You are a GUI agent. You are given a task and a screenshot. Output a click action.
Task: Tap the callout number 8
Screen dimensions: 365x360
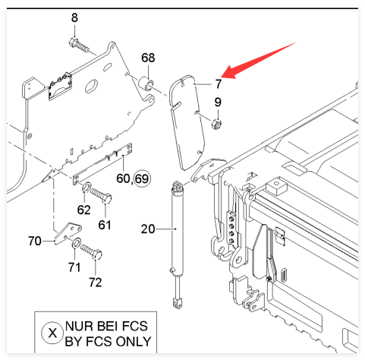[x=74, y=18]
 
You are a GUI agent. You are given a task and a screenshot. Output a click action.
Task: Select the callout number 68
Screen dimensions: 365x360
[x=148, y=58]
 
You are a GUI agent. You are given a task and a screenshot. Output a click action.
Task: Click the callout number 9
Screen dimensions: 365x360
[x=218, y=102]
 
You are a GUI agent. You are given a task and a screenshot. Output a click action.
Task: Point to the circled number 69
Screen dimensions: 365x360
[x=142, y=178]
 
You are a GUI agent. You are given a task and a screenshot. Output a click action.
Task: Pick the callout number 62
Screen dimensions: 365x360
[x=83, y=210]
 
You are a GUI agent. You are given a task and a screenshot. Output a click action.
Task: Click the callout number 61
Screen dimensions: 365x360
[x=105, y=225]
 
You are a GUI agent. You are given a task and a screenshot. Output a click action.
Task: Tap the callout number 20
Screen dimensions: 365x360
[x=148, y=229]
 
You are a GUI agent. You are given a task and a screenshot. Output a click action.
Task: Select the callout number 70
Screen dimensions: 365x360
[x=35, y=241]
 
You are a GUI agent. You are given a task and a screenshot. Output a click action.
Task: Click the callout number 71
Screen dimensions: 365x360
[x=74, y=267]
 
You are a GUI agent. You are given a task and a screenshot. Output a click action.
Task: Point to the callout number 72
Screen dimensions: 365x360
[x=96, y=283]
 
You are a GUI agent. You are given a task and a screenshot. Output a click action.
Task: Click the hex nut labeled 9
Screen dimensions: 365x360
[x=216, y=124]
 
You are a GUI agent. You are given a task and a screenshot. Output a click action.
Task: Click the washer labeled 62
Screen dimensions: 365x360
[x=87, y=187]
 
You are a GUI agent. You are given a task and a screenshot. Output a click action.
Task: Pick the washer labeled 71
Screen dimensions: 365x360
[x=76, y=243]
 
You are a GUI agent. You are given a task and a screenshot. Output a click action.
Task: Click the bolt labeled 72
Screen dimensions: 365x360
[x=91, y=251]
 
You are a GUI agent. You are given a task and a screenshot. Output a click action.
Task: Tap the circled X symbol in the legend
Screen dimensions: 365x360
[x=52, y=333]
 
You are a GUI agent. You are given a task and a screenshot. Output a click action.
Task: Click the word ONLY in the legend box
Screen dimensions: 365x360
[x=134, y=342]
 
